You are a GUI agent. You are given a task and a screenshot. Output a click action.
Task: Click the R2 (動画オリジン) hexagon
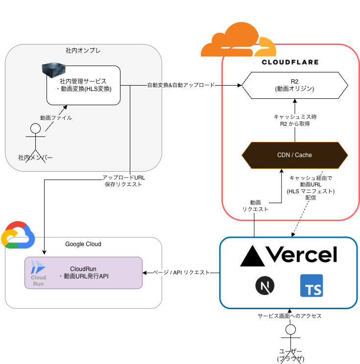pos(295,85)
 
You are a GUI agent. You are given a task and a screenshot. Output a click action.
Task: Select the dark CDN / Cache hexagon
pos(295,155)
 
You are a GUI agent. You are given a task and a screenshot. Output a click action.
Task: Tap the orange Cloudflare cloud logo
pos(238,40)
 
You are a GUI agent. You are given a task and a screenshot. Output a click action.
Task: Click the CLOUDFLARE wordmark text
pos(290,62)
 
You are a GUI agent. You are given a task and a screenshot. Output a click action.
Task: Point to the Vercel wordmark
pos(288,255)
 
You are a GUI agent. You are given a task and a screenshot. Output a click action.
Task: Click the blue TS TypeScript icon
pos(312,285)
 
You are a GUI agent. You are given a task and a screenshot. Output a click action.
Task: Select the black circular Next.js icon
pos(265,286)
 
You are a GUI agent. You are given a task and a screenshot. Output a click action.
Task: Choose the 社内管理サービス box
pos(84,85)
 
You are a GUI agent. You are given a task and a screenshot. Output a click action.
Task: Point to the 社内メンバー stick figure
pos(35,142)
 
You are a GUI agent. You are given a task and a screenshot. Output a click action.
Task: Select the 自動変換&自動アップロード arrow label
pos(181,85)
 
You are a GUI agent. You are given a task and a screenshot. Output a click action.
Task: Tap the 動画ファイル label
pos(55,118)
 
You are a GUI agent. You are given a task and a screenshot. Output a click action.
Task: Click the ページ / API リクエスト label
pos(181,272)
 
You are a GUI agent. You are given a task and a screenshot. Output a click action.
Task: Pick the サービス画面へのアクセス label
pos(290,316)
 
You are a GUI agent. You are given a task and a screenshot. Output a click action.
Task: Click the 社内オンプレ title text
pos(83,50)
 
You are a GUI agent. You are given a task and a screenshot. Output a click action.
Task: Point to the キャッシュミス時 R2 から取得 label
pos(295,121)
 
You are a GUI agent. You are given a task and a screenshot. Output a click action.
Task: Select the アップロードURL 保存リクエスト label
pos(123,181)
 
